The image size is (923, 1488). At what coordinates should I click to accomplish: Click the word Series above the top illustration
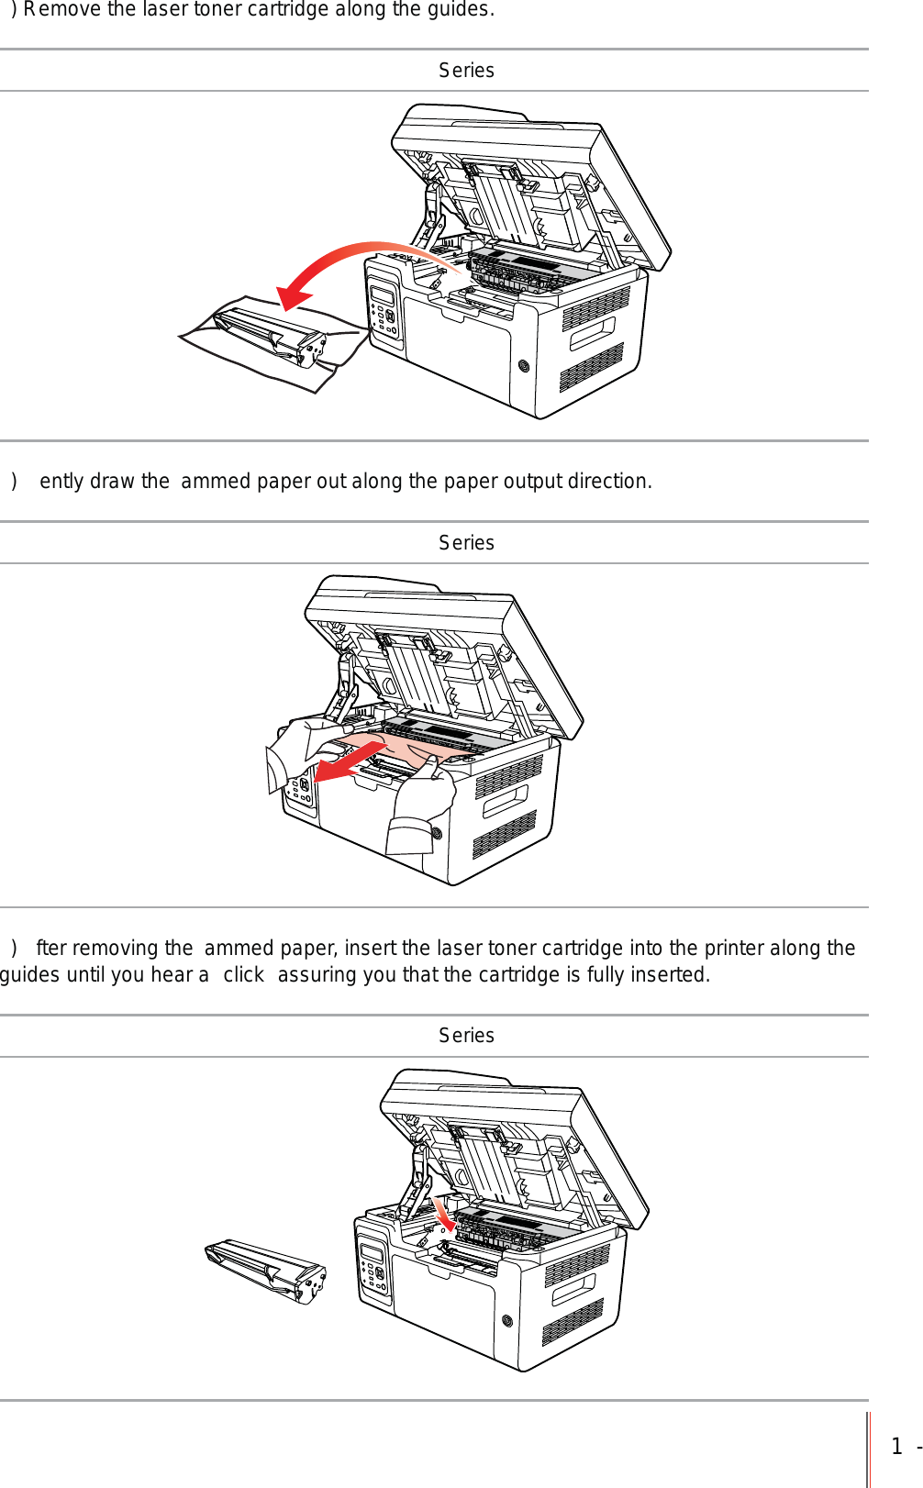coord(466,71)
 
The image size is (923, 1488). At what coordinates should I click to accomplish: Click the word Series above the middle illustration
coord(466,543)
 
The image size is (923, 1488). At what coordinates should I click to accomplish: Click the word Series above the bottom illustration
coord(466,1036)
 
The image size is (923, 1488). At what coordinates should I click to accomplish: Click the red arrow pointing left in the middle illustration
coord(345,764)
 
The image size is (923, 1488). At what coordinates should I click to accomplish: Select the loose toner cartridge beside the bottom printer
coord(266,1271)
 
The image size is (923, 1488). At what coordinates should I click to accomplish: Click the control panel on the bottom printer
coord(373,1265)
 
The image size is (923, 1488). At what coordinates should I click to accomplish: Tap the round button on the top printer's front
coord(524,365)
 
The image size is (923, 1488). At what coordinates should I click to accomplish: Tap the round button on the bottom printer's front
coord(507,1321)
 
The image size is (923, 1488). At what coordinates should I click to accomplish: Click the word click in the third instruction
coord(243,975)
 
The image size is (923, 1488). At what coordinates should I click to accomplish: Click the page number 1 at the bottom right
coord(896,1447)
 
